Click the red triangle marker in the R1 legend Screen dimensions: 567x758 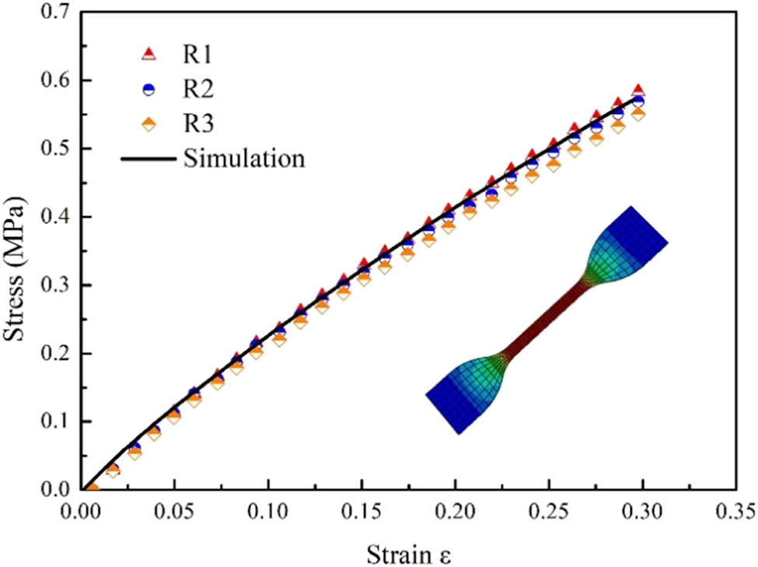tap(148, 54)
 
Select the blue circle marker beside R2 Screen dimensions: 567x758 tap(148, 89)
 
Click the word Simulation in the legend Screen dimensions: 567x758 tap(243, 159)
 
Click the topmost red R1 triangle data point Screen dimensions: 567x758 tap(637, 91)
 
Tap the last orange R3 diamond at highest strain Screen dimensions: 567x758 tap(637, 114)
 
